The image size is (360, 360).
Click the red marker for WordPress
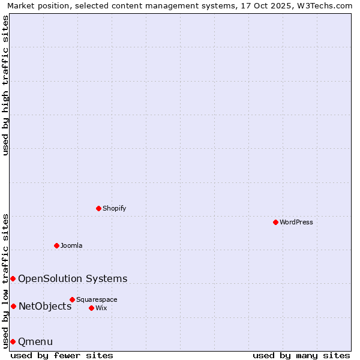pyautogui.click(x=275, y=222)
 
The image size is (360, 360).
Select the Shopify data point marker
pyautogui.click(x=98, y=208)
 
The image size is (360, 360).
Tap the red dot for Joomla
pyautogui.click(x=56, y=245)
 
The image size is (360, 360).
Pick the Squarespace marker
pyautogui.click(x=72, y=299)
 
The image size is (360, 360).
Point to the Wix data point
pyautogui.click(x=91, y=308)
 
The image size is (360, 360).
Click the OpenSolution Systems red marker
pyautogui.click(x=13, y=278)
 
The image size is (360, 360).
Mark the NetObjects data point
pyautogui.click(x=13, y=307)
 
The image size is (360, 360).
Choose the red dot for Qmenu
pyautogui.click(x=13, y=341)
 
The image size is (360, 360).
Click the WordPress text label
pyautogui.click(x=296, y=222)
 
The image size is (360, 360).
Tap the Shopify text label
pyautogui.click(x=115, y=208)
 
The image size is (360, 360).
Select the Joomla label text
pyautogui.click(x=71, y=245)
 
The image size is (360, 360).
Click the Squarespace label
pyautogui.click(x=97, y=299)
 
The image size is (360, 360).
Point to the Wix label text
pyautogui.click(x=101, y=308)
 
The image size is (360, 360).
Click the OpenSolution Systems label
pyautogui.click(x=73, y=278)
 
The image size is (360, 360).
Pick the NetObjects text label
pyautogui.click(x=45, y=307)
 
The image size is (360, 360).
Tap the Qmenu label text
pyautogui.click(x=35, y=342)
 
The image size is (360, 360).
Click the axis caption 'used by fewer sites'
pyautogui.click(x=62, y=355)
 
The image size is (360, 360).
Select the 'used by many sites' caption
pyautogui.click(x=301, y=355)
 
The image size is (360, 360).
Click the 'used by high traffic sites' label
pyautogui.click(x=5, y=85)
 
